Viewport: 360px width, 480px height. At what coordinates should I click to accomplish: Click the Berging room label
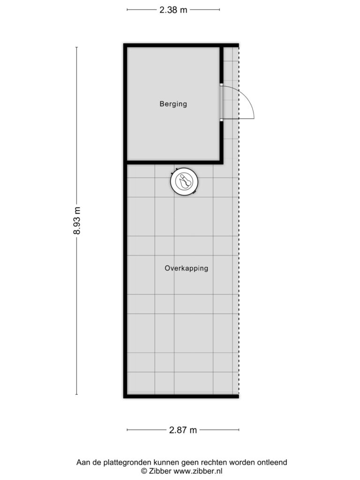coord(173,104)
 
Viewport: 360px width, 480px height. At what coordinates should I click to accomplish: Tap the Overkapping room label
coord(186,269)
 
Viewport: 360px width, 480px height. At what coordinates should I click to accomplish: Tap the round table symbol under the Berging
coord(183,182)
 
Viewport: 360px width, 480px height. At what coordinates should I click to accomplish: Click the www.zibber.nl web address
coord(198,471)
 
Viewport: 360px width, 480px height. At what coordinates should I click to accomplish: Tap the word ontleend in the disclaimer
coord(272,462)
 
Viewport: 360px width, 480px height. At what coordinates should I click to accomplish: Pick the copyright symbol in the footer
coord(144,471)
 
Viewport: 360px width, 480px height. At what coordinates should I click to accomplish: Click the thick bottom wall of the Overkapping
coord(181,396)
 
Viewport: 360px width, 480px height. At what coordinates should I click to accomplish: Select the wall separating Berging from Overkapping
coord(173,162)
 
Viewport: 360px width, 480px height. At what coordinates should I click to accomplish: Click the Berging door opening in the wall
coord(221,104)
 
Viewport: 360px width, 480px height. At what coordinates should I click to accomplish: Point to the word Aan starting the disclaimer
coord(83,462)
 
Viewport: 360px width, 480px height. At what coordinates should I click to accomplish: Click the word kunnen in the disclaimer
coord(161,462)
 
